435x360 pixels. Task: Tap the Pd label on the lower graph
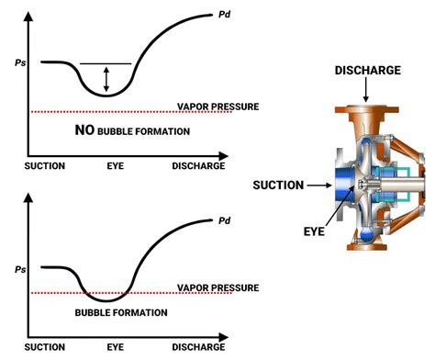click(224, 220)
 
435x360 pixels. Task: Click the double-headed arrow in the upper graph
click(106, 77)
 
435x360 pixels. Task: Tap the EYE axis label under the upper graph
click(114, 166)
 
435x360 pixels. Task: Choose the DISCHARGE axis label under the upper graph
click(197, 166)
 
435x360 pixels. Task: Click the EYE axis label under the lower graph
click(114, 348)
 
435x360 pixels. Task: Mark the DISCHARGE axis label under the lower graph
click(197, 348)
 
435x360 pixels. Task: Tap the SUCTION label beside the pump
click(278, 186)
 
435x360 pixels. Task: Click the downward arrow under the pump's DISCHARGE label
click(366, 90)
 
